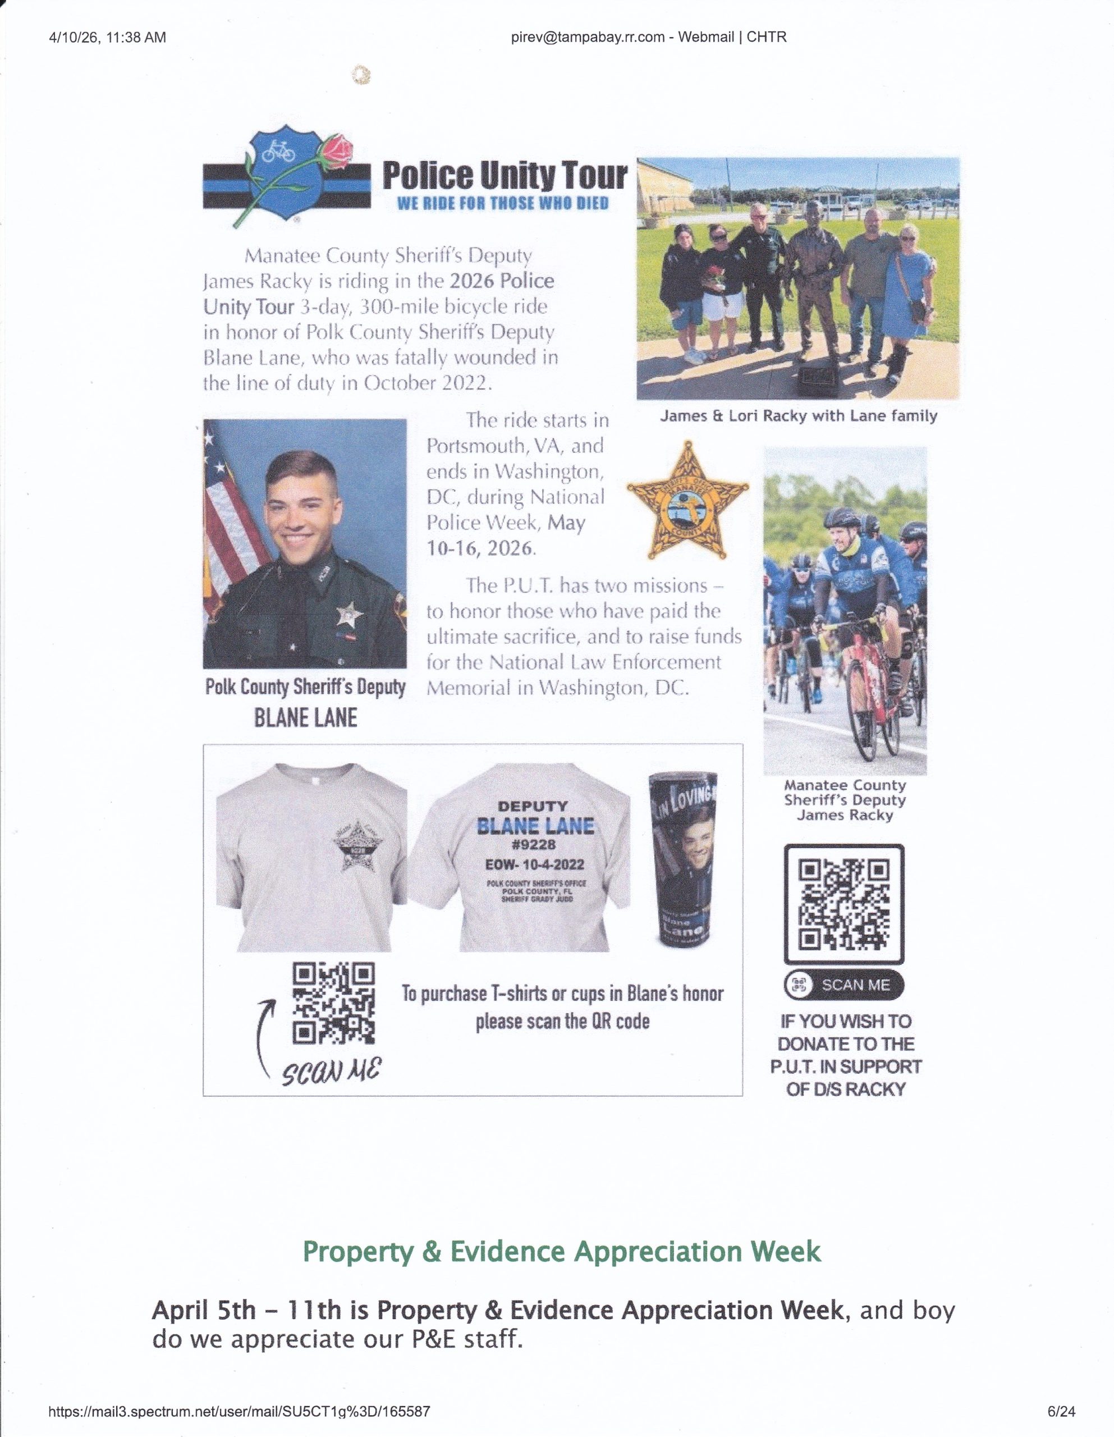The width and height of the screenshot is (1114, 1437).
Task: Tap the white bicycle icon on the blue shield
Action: [279, 153]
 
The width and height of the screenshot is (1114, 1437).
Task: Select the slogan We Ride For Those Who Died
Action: [503, 203]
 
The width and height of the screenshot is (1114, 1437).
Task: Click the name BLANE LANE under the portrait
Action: [305, 718]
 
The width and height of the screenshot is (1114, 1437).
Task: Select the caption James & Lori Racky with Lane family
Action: [798, 416]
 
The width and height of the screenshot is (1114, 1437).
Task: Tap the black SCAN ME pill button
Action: [843, 985]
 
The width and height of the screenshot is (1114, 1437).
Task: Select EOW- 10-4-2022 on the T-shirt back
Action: [534, 864]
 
